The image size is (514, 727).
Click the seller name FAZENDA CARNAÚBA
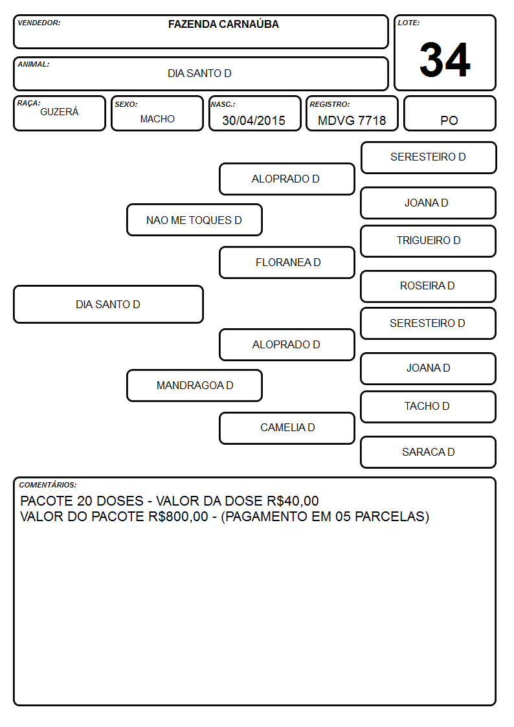click(x=223, y=24)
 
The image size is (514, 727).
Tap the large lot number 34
click(x=445, y=60)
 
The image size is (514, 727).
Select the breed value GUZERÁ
click(x=60, y=112)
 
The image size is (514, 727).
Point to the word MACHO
click(x=157, y=119)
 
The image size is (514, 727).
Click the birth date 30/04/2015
click(x=254, y=120)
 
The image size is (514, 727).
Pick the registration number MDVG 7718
click(x=352, y=120)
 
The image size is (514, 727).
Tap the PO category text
click(x=449, y=120)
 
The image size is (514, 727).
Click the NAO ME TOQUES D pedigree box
click(x=195, y=220)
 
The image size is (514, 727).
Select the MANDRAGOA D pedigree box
click(x=195, y=385)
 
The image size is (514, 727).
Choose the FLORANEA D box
click(x=287, y=262)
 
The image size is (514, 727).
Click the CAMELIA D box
click(x=287, y=428)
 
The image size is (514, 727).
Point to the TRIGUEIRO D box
click(x=429, y=241)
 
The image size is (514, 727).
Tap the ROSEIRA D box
click(x=429, y=286)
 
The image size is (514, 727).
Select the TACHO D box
click(x=429, y=407)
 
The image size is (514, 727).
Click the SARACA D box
click(x=429, y=452)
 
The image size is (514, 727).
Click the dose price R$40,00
click(x=293, y=501)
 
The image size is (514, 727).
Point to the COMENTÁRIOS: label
click(x=48, y=485)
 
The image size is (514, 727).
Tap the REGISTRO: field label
click(x=330, y=104)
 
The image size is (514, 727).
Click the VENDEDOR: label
click(x=39, y=23)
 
